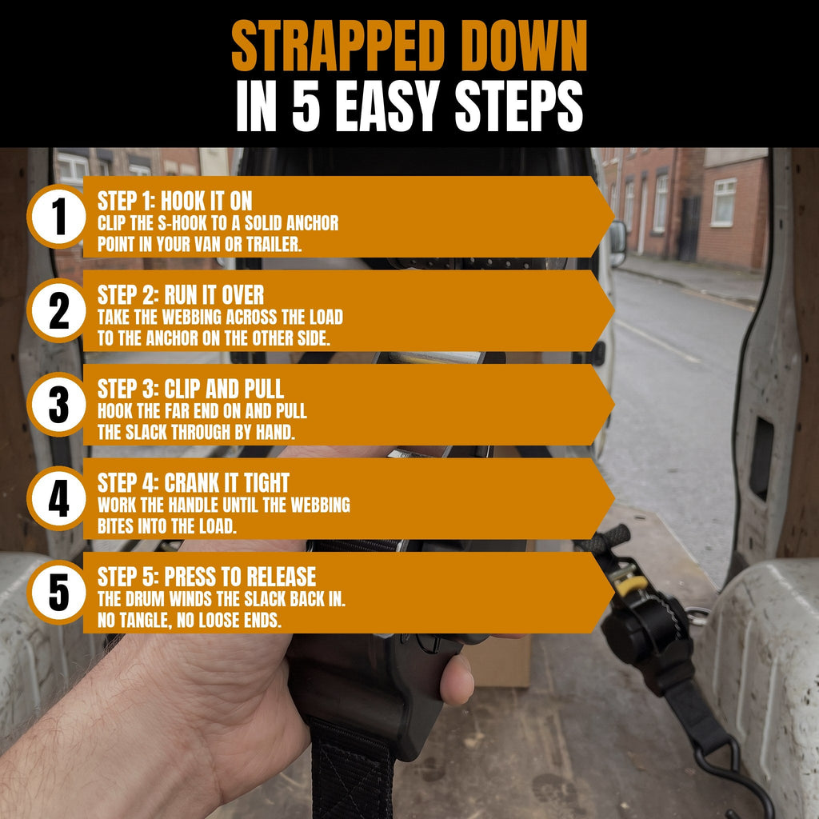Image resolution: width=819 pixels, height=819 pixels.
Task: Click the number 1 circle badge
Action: (58, 216)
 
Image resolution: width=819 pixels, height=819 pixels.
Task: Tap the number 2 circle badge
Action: (58, 310)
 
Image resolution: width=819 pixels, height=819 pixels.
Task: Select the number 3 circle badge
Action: (58, 404)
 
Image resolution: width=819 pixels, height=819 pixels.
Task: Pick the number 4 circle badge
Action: (58, 498)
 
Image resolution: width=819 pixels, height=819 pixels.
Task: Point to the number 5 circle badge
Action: (58, 593)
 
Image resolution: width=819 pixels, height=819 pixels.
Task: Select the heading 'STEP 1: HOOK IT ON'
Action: (174, 201)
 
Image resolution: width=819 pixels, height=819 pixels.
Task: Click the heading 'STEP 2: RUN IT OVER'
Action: (181, 295)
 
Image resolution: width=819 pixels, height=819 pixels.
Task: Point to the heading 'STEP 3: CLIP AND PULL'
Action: (190, 390)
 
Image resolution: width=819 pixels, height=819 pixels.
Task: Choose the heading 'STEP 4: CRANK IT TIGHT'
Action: (194, 483)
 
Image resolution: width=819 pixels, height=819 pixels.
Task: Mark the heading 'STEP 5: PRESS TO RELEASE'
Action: (207, 577)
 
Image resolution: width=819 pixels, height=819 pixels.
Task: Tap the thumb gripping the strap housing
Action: (457, 679)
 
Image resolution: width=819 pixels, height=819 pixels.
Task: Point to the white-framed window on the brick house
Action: (724, 202)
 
